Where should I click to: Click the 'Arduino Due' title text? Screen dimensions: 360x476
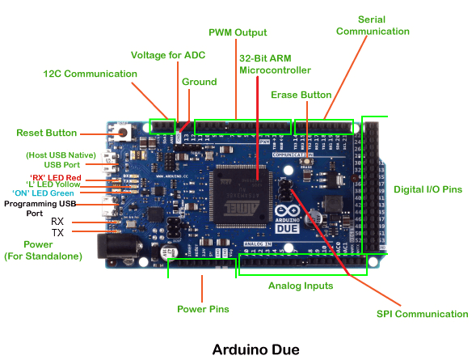click(x=255, y=349)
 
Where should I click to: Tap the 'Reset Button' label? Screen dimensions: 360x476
click(x=47, y=133)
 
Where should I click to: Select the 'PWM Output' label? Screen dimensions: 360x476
click(x=238, y=32)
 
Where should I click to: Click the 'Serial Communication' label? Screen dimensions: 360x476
click(x=373, y=25)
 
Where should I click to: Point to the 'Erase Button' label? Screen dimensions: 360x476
click(x=301, y=95)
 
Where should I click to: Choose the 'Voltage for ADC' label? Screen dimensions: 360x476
click(x=169, y=55)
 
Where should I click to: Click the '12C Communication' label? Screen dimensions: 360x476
click(x=90, y=74)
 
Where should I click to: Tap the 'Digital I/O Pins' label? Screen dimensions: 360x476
click(x=428, y=189)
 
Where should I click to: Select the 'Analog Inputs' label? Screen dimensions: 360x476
click(x=301, y=286)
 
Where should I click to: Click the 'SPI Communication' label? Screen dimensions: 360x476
click(x=422, y=314)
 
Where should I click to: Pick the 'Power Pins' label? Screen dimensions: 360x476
click(x=203, y=309)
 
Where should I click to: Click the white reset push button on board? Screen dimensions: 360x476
click(x=122, y=133)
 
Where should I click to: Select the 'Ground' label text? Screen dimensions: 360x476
click(x=199, y=82)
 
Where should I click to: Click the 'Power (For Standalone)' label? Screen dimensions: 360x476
click(x=38, y=250)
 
